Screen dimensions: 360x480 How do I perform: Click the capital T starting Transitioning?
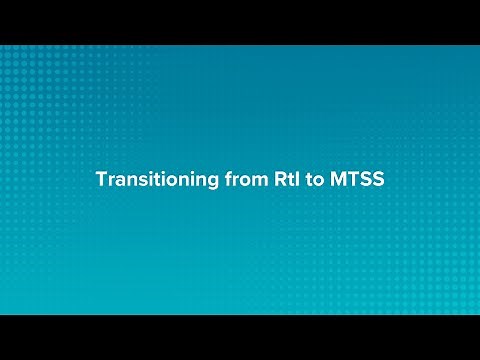(x=100, y=180)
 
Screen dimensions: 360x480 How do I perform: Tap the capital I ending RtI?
(x=282, y=180)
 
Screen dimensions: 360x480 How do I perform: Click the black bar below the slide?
(x=240, y=337)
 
